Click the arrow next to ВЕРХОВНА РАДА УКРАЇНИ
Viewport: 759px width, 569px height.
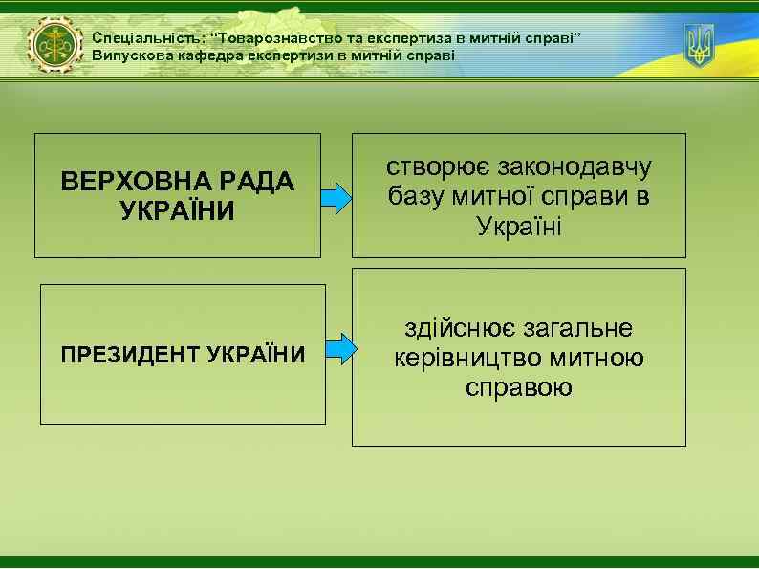point(336,196)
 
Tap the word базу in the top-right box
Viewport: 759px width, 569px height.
point(421,197)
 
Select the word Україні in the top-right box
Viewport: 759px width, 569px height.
point(519,228)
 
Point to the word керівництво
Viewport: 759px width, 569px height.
point(466,358)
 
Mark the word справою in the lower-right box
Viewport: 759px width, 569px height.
point(519,387)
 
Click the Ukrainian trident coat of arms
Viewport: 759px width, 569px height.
point(700,44)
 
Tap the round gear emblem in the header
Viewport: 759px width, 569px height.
point(55,46)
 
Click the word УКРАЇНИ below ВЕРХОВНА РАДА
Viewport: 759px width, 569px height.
point(178,209)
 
